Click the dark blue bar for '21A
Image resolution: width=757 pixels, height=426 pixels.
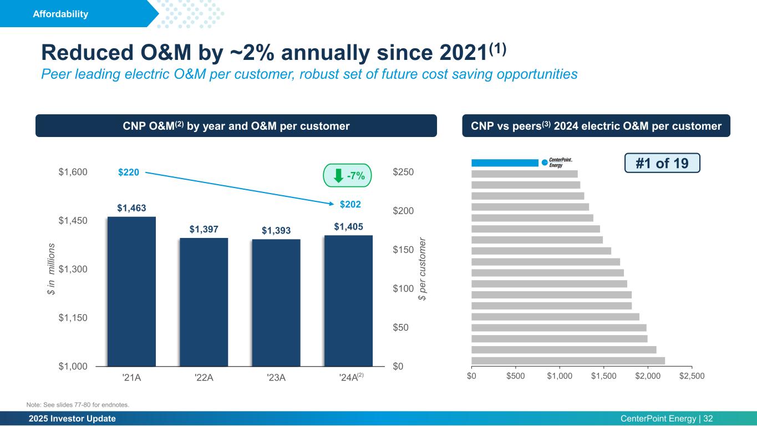131,291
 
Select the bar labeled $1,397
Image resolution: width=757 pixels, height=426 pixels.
204,302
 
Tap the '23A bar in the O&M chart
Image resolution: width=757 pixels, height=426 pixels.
276,303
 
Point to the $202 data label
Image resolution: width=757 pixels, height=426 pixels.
350,205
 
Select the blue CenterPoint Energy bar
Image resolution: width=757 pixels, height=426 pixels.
505,163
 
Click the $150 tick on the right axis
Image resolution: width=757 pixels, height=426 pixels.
404,250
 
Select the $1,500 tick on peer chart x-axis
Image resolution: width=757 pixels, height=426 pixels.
603,377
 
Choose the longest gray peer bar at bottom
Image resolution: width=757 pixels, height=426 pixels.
568,361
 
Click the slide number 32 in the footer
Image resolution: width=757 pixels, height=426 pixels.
708,419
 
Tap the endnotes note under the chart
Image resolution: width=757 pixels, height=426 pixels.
78,404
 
